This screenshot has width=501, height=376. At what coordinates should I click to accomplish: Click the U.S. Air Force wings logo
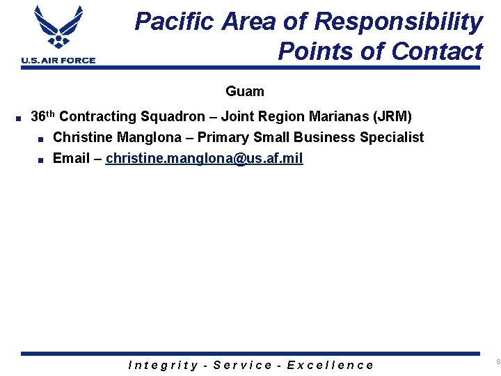pos(58,28)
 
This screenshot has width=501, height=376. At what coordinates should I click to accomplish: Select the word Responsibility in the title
pos(399,22)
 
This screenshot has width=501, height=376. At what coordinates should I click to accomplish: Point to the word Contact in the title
pos(436,51)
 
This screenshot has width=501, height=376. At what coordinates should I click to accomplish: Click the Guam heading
pos(245,91)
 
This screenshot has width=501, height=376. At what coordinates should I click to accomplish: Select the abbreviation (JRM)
pos(393,117)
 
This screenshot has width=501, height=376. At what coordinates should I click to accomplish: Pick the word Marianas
pos(335,117)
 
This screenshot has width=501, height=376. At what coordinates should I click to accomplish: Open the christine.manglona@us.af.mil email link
pos(205,158)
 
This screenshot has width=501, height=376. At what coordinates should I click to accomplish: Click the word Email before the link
pos(72,158)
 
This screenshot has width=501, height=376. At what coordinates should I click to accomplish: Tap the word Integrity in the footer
pos(164,365)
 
